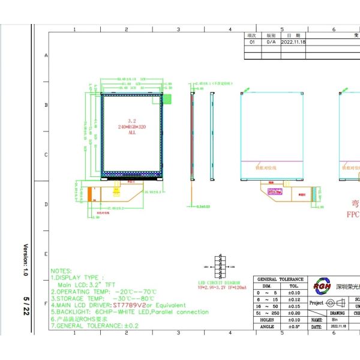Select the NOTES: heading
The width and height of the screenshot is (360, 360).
point(62,271)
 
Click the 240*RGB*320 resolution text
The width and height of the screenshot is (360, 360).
point(131,127)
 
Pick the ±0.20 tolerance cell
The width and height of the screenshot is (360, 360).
point(294,313)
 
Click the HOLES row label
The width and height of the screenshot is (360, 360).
point(267,320)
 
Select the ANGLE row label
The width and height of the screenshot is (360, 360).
point(267,326)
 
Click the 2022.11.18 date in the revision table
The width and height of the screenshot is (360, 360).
point(294,43)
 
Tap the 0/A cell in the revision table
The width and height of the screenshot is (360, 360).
point(271,43)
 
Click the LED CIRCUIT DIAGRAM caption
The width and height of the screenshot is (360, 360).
point(219,282)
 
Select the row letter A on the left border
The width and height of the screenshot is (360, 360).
point(46,55)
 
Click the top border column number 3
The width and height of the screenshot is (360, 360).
point(179,29)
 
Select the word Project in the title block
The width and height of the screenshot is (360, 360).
point(316,303)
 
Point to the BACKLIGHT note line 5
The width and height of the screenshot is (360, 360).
point(130,312)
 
